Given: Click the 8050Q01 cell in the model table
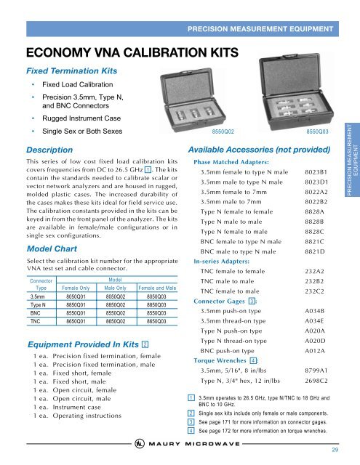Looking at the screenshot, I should (76, 296).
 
